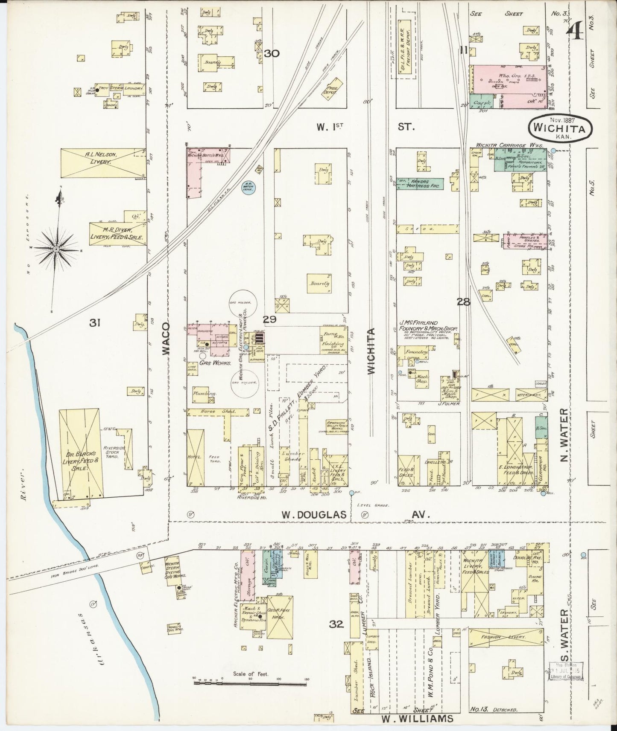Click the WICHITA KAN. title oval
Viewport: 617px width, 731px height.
tap(561, 125)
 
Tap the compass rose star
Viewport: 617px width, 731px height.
tap(56, 249)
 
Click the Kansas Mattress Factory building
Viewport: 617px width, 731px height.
tap(420, 184)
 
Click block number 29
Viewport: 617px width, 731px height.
tap(269, 319)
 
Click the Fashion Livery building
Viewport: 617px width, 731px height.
tap(504, 636)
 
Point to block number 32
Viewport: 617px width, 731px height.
tap(336, 624)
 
